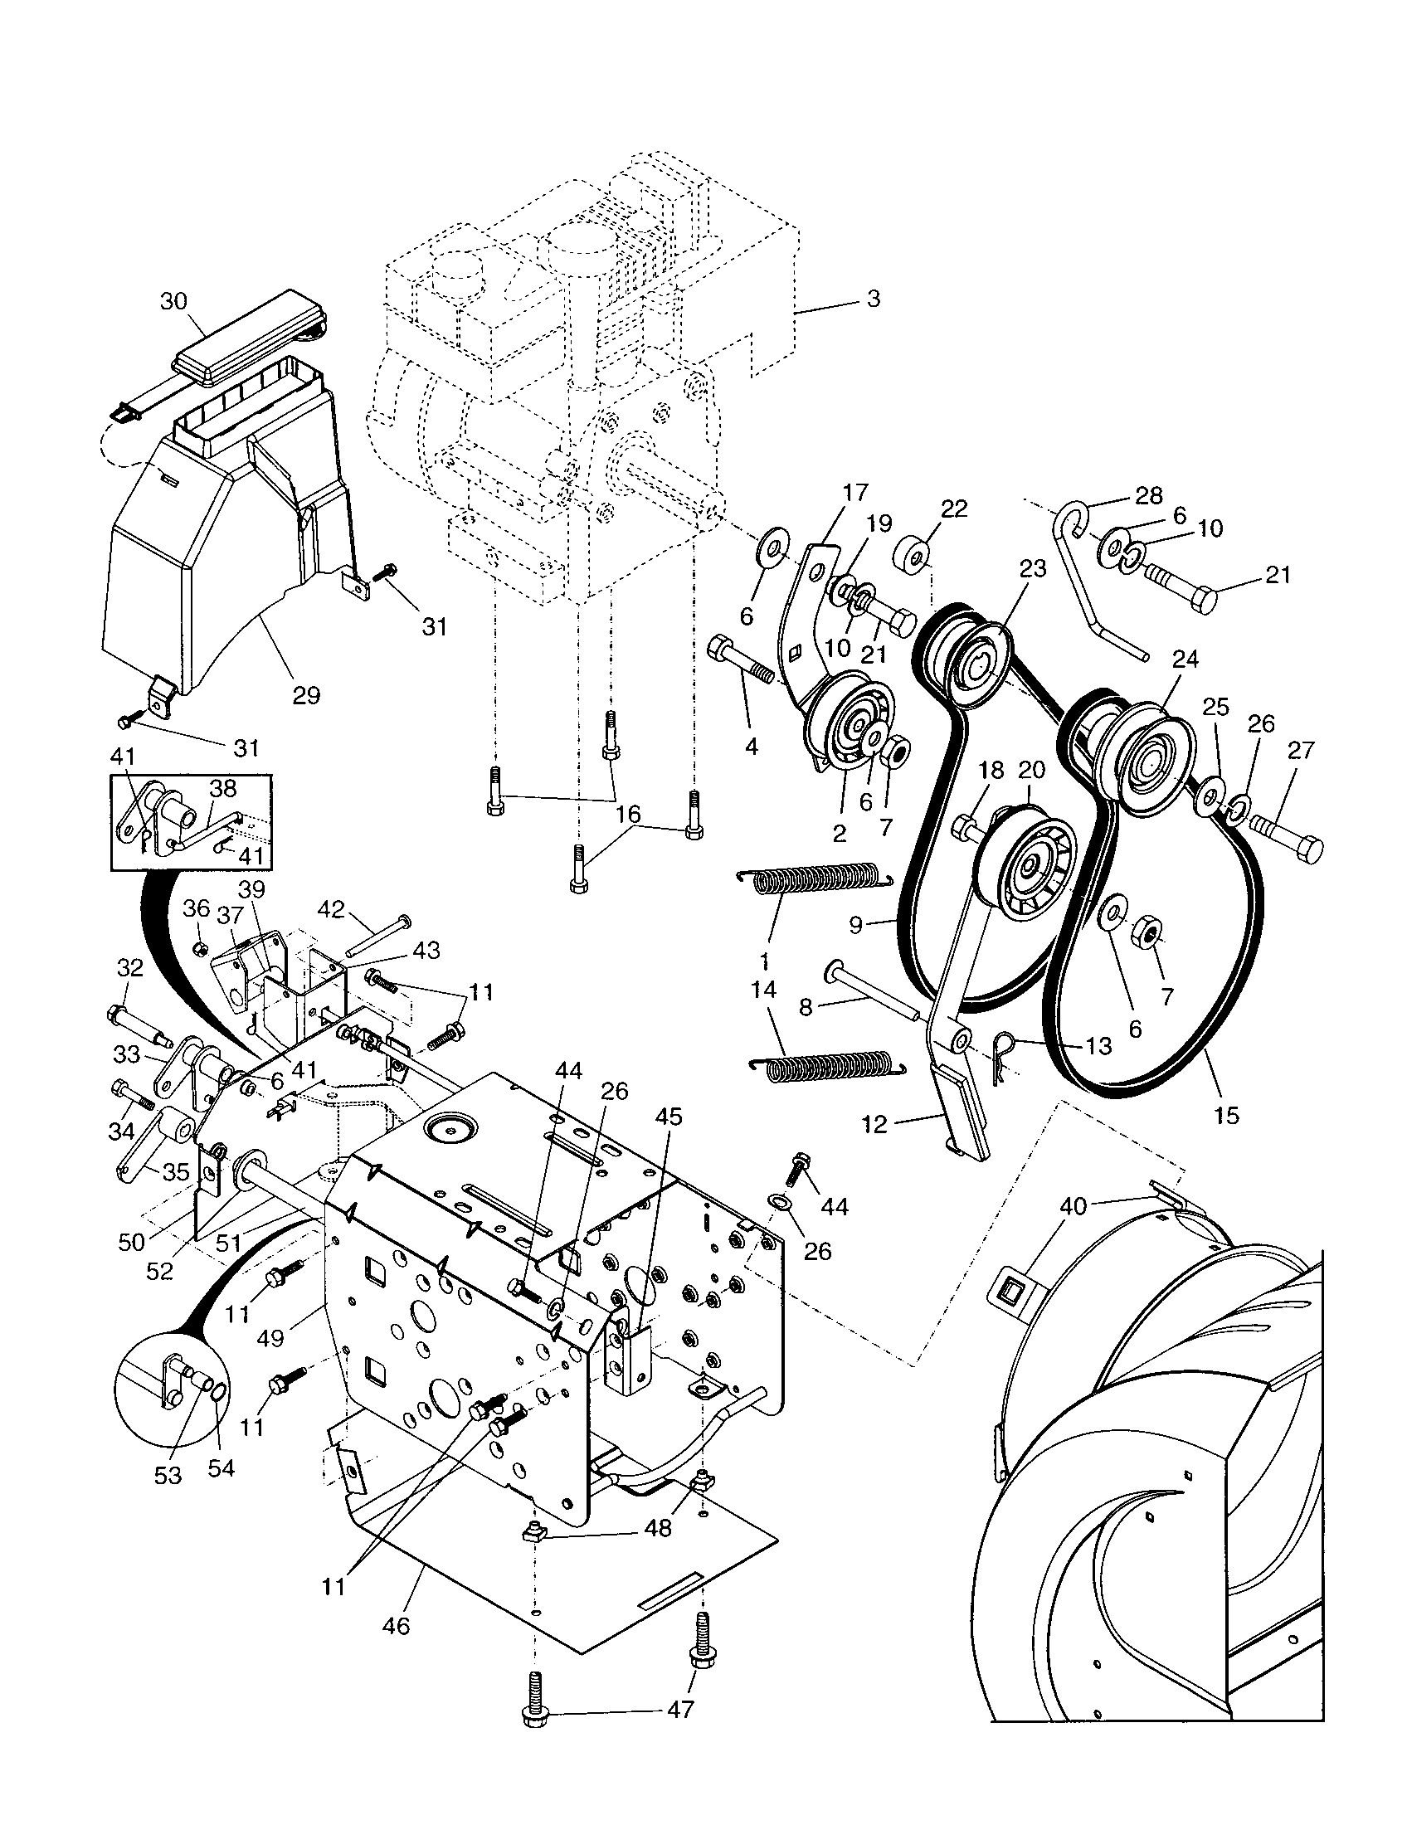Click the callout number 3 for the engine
tap(873, 299)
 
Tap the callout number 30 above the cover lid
tap(173, 301)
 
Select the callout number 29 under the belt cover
tap(306, 695)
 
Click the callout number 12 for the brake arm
tap(873, 1124)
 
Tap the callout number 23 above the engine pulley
tap(1033, 569)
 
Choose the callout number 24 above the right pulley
tap(1185, 659)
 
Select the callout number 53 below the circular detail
tap(168, 1475)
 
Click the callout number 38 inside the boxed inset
tap(223, 788)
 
